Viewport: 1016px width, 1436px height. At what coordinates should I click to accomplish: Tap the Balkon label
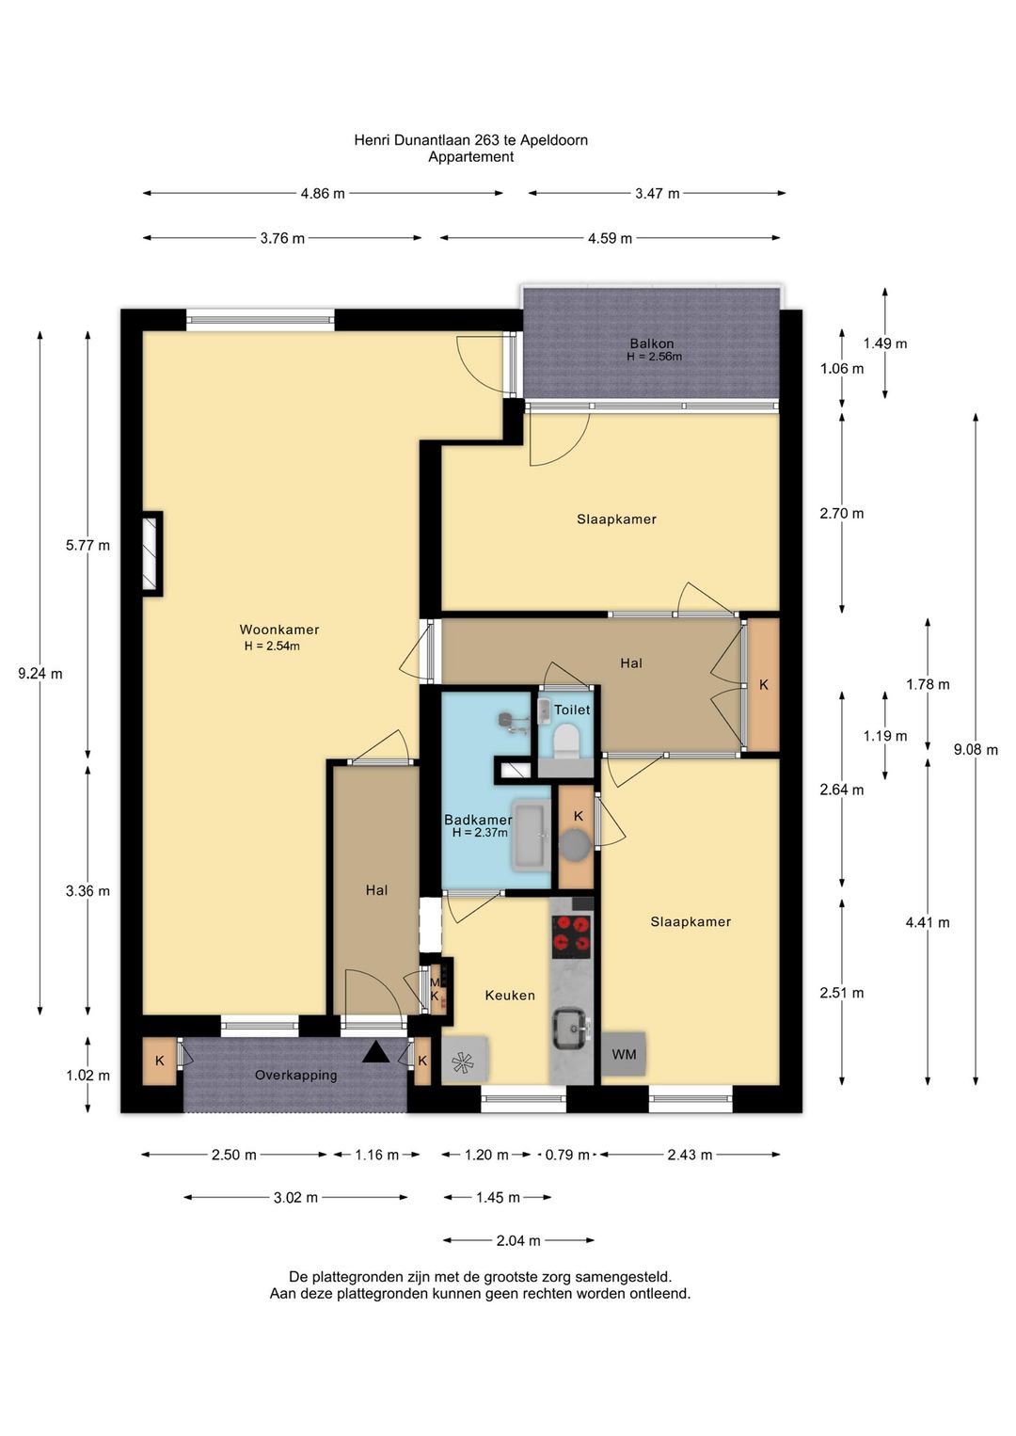(x=651, y=343)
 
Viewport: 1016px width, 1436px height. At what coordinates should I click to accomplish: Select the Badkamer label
(x=478, y=820)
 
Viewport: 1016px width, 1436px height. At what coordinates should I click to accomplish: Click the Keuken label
(x=510, y=995)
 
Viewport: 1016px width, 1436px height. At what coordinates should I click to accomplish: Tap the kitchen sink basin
(x=571, y=1029)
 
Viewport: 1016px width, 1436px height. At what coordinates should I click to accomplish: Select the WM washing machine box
(x=624, y=1054)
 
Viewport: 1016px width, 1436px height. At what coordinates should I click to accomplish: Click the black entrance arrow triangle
(x=375, y=1052)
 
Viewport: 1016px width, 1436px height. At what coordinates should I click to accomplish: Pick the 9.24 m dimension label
(x=40, y=674)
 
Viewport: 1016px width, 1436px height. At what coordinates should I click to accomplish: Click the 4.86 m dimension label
(x=323, y=194)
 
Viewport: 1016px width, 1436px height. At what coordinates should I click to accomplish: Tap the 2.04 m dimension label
(x=518, y=1240)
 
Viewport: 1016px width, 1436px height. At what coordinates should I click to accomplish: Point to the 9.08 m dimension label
(x=976, y=749)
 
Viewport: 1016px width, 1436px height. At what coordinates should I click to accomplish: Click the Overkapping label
(x=295, y=1075)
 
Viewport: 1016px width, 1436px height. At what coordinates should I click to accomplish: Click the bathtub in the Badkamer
(x=532, y=835)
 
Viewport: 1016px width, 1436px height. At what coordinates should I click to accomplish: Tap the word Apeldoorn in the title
(x=554, y=140)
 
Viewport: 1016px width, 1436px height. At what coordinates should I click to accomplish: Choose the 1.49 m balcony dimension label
(x=884, y=343)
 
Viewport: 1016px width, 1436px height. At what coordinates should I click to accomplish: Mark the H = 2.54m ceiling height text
(x=272, y=646)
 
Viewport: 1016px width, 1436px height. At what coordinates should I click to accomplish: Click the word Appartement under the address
(x=471, y=157)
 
